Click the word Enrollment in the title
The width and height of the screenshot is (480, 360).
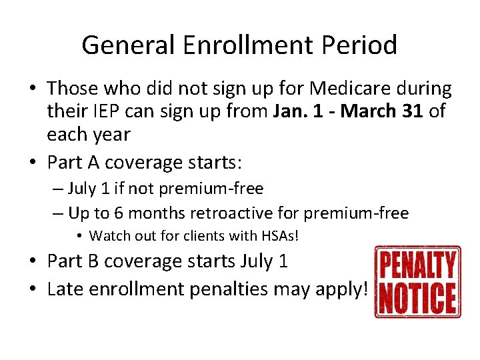tap(245, 45)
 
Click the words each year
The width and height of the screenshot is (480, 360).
tap(88, 134)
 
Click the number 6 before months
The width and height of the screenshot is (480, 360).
tap(125, 213)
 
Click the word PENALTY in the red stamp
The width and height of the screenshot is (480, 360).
tap(418, 265)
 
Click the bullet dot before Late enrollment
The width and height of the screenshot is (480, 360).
tap(37, 289)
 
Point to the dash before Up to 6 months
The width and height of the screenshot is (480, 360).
tap(57, 213)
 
